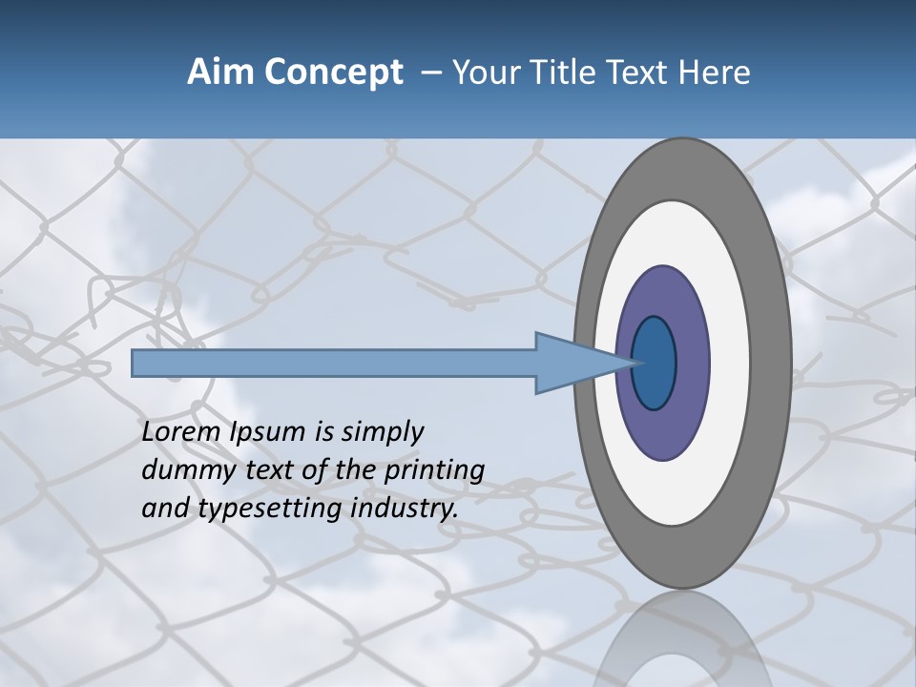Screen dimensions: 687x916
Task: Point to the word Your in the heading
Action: click(x=482, y=73)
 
